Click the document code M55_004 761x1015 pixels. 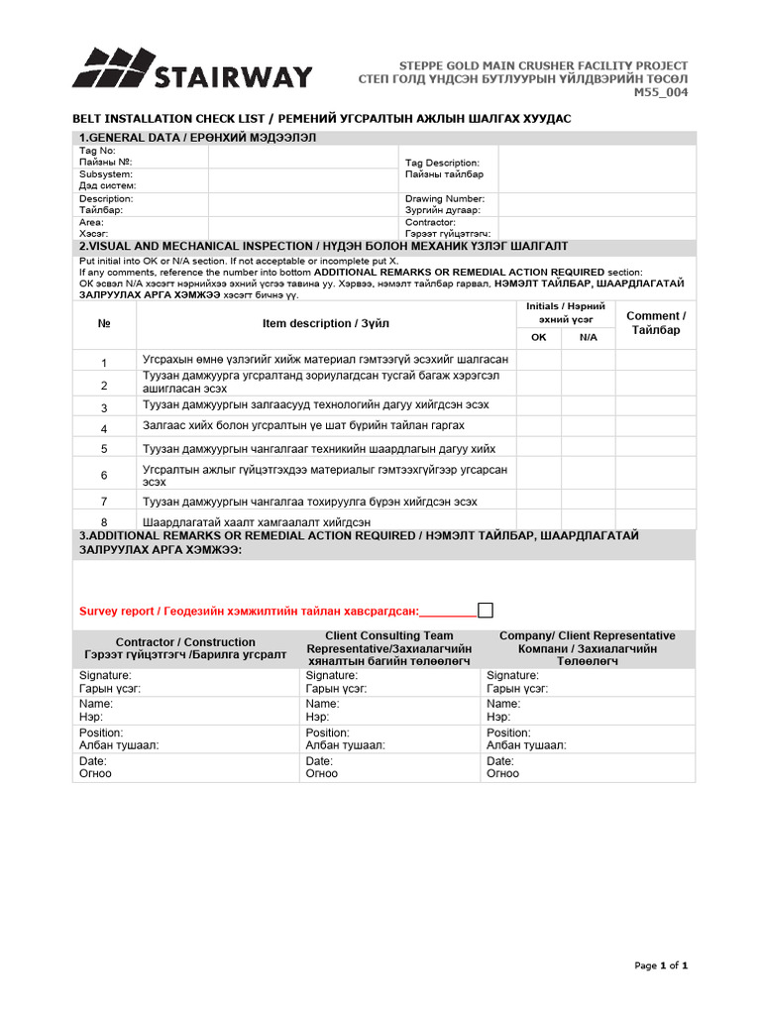(661, 93)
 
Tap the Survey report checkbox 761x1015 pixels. (486, 610)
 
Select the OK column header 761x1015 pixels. (539, 337)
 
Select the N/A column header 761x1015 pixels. (589, 337)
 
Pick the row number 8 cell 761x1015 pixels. (104, 521)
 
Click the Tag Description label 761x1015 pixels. (442, 163)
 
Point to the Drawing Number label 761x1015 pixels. (444, 198)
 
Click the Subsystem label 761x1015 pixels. (106, 174)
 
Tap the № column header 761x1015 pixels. (104, 323)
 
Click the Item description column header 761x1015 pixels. (326, 323)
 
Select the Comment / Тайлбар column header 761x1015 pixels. (656, 323)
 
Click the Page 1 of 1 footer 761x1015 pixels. (661, 965)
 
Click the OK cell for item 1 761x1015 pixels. (539, 360)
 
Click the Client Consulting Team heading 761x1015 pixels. (389, 635)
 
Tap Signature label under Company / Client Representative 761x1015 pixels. (512, 675)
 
